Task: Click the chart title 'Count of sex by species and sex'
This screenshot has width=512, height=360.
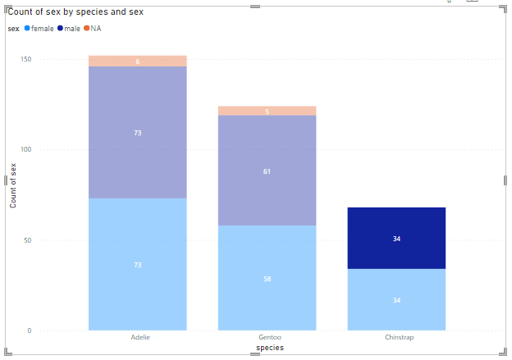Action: point(71,12)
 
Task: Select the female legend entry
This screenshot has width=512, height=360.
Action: point(39,29)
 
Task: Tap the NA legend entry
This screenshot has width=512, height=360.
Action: point(93,29)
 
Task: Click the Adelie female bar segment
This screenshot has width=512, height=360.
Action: point(137,264)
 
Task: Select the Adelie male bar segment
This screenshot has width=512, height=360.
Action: point(137,132)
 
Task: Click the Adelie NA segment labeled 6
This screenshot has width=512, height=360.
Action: point(137,62)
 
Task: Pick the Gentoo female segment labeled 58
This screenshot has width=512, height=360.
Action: point(267,278)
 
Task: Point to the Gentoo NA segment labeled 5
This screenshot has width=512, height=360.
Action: point(267,111)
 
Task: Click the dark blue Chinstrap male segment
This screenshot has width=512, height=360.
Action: point(396,238)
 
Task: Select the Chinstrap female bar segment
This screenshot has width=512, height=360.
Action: point(396,299)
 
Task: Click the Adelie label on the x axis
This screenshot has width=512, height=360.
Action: point(140,337)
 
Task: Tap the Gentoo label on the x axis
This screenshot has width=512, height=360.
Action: point(267,337)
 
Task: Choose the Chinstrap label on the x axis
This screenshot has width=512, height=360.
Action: point(397,337)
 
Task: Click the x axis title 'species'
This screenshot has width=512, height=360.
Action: point(270,348)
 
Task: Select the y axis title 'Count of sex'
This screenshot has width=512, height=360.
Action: point(13,185)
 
